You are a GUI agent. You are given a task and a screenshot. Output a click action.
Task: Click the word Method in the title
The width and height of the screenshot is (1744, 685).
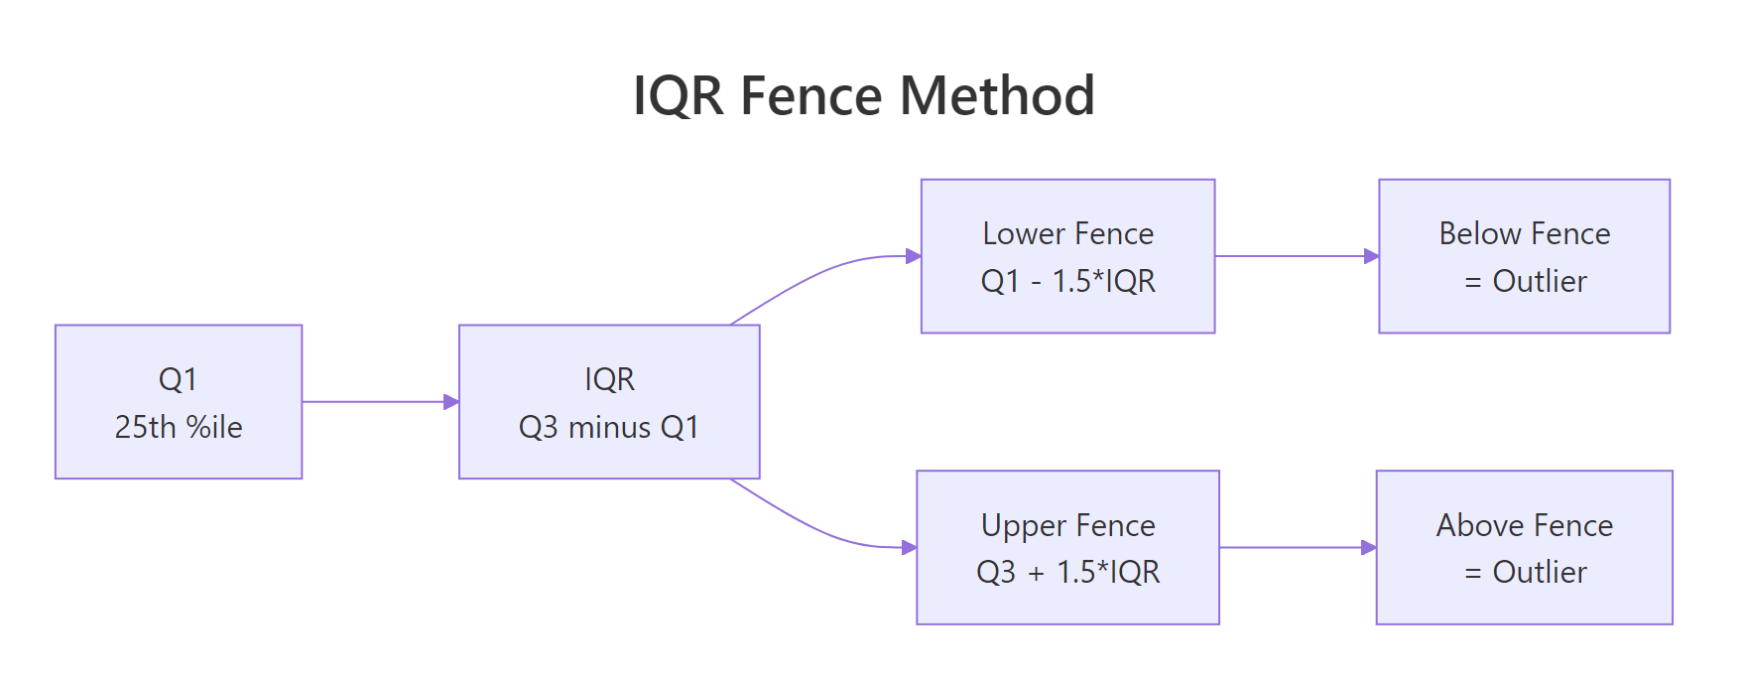[x=997, y=96]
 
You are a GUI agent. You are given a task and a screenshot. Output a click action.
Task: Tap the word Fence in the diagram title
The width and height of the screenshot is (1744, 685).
[x=810, y=96]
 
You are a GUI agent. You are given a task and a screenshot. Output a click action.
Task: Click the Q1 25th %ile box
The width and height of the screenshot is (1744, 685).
[x=179, y=401]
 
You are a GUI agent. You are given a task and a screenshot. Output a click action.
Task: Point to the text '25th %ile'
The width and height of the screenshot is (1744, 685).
[x=179, y=427]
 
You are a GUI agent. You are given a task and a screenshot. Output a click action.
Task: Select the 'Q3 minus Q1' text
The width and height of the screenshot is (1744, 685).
[x=609, y=427]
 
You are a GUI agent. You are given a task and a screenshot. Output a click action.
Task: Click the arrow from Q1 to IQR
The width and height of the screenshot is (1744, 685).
[x=377, y=402]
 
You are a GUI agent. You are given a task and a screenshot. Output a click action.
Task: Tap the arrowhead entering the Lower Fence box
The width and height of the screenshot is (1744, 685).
[x=914, y=256]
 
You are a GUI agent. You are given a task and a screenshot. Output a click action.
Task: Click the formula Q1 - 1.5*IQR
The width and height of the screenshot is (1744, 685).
[x=1068, y=281]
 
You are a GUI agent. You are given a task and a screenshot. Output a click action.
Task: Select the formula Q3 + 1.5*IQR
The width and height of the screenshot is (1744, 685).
[x=1068, y=572]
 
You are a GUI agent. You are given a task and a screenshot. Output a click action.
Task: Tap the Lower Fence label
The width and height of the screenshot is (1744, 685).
[x=1068, y=233]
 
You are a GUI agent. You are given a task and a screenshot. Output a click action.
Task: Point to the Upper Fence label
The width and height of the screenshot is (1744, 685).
[x=1068, y=525]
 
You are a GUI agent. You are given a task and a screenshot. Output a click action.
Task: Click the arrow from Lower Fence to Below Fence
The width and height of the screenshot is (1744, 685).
[x=1295, y=256]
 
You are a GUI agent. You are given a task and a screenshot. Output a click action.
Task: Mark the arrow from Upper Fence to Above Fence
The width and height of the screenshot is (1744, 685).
[x=1295, y=547]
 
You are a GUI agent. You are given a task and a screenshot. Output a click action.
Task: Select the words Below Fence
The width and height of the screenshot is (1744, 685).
[x=1525, y=233]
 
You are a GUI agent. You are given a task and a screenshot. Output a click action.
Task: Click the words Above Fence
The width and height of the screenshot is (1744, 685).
[x=1525, y=525]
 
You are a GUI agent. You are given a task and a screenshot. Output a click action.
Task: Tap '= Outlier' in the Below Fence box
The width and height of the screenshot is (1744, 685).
[x=1526, y=281]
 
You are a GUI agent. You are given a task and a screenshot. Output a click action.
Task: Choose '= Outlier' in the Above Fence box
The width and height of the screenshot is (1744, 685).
[x=1526, y=572]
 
